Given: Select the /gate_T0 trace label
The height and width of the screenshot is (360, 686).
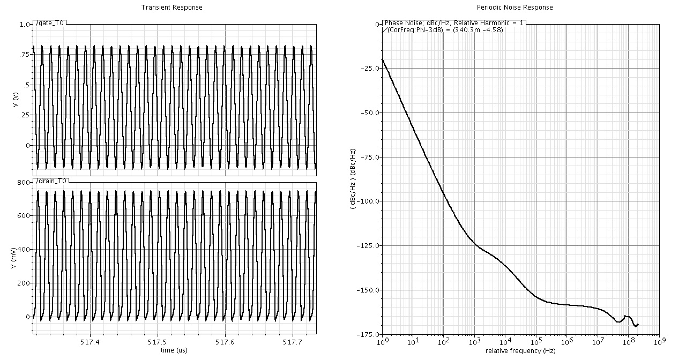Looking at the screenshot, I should (x=51, y=23).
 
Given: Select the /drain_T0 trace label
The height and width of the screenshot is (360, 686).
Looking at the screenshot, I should (x=51, y=181).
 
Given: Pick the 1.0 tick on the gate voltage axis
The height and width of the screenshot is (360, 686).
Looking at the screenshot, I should (x=25, y=25).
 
